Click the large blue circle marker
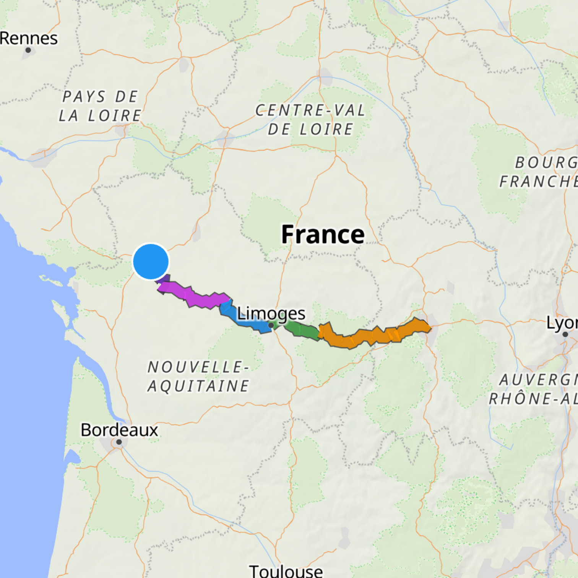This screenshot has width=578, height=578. [x=151, y=261]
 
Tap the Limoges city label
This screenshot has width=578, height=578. [x=271, y=314]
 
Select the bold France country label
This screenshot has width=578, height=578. [x=323, y=234]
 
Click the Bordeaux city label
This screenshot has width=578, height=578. [x=119, y=430]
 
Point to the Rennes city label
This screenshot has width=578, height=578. [x=29, y=38]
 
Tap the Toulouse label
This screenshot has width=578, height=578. [x=286, y=571]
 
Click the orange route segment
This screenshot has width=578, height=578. [x=375, y=335]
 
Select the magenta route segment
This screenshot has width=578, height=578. [x=195, y=297]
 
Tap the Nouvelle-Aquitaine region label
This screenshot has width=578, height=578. [x=198, y=377]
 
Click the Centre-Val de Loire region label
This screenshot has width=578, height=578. [x=310, y=120]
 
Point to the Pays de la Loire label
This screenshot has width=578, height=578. [x=100, y=106]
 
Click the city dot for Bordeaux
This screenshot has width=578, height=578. [x=119, y=442]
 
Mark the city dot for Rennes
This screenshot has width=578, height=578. [x=28, y=50]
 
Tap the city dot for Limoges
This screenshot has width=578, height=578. [x=271, y=325]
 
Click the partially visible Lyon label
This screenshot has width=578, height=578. [x=562, y=323]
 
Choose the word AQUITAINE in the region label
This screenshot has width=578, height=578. [x=198, y=386]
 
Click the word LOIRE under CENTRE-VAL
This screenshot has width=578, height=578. [x=326, y=129]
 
